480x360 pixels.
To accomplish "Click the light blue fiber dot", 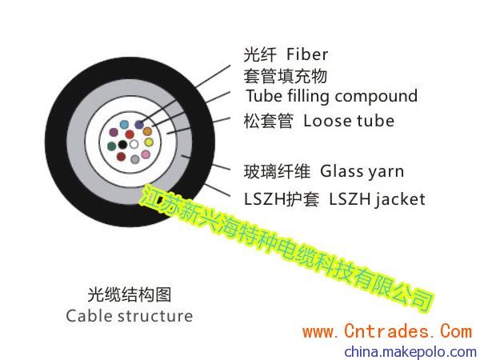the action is pyautogui.click(x=124, y=125).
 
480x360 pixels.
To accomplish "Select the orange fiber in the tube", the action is pyautogui.click(x=147, y=131).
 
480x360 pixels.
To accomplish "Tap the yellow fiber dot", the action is pyautogui.click(x=149, y=142).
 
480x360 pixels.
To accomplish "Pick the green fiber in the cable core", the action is pyautogui.click(x=112, y=146).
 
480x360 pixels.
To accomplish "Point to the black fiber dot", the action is pyautogui.click(x=122, y=144).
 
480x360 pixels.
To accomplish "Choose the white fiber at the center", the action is pyautogui.click(x=134, y=144).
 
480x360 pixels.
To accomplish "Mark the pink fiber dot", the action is pyautogui.click(x=146, y=154).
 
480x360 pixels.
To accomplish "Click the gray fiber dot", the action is pyautogui.click(x=135, y=159).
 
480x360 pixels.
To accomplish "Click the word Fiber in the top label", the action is pyautogui.click(x=307, y=54).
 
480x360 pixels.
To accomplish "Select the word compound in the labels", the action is pyautogui.click(x=376, y=96).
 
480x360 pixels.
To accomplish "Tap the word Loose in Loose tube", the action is pyautogui.click(x=327, y=121).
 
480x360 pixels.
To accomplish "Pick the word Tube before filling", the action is pyautogui.click(x=264, y=96).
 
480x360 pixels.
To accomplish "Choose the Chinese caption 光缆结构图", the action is pyautogui.click(x=130, y=294).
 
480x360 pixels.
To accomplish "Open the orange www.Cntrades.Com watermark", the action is pyautogui.click(x=387, y=332).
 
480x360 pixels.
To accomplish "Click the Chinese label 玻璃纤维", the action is pyautogui.click(x=277, y=171).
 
